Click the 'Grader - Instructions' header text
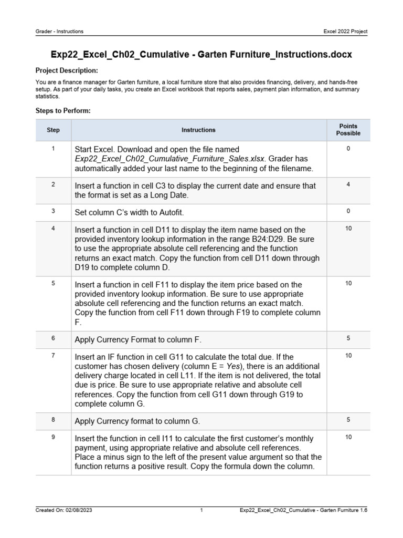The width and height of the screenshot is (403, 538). (59, 32)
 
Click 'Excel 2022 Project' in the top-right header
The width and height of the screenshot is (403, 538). (345, 32)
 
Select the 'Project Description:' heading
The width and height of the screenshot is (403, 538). (67, 70)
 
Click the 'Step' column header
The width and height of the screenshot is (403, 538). (53, 130)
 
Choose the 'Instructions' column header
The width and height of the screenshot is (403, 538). (198, 130)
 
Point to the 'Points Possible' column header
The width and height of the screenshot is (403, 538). (348, 130)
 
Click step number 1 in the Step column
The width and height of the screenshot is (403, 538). (53, 149)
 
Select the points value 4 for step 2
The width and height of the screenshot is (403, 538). (348, 185)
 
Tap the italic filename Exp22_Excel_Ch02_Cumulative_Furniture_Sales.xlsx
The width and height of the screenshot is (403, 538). (171, 159)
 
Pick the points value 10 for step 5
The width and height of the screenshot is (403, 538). (348, 284)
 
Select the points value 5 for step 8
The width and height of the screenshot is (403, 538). (348, 420)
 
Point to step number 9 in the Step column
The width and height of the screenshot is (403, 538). (53, 437)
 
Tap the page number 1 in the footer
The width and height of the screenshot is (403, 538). (201, 510)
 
